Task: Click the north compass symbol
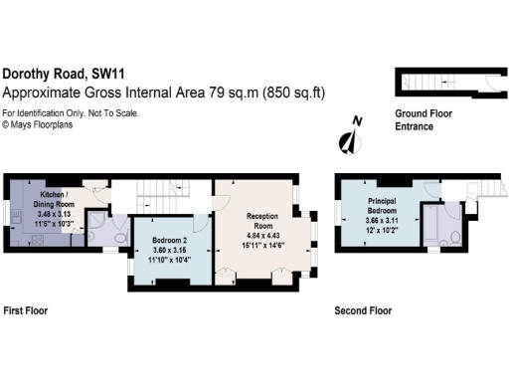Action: pyautogui.click(x=349, y=140)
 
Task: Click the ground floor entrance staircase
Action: pyautogui.click(x=422, y=83)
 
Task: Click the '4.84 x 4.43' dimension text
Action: pyautogui.click(x=262, y=235)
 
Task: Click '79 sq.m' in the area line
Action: pyautogui.click(x=233, y=93)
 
